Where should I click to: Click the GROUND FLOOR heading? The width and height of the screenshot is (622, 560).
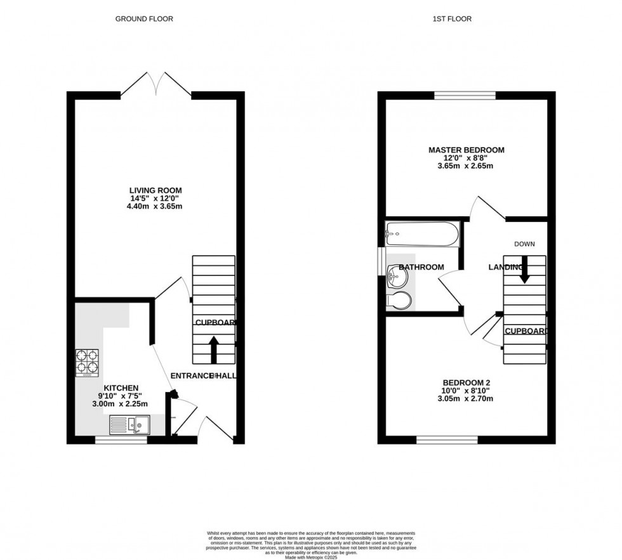144,19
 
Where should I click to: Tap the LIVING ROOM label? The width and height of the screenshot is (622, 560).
155,190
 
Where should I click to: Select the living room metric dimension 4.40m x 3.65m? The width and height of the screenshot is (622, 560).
155,206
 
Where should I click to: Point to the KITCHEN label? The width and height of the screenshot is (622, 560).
121,387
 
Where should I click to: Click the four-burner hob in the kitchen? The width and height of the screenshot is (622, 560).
88,363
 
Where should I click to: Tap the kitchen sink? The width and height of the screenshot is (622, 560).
129,424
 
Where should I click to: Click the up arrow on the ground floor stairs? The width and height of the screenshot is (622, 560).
213,348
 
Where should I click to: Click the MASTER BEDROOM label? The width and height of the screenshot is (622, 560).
466,150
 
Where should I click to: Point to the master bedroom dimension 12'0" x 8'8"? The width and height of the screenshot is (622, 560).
466,158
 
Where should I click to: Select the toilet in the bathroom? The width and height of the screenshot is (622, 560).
397,302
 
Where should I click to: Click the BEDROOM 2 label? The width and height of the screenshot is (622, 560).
466,382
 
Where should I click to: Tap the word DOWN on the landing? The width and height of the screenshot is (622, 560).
524,244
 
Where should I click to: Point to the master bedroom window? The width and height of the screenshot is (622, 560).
465,96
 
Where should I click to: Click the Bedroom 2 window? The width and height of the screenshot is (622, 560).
447,440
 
